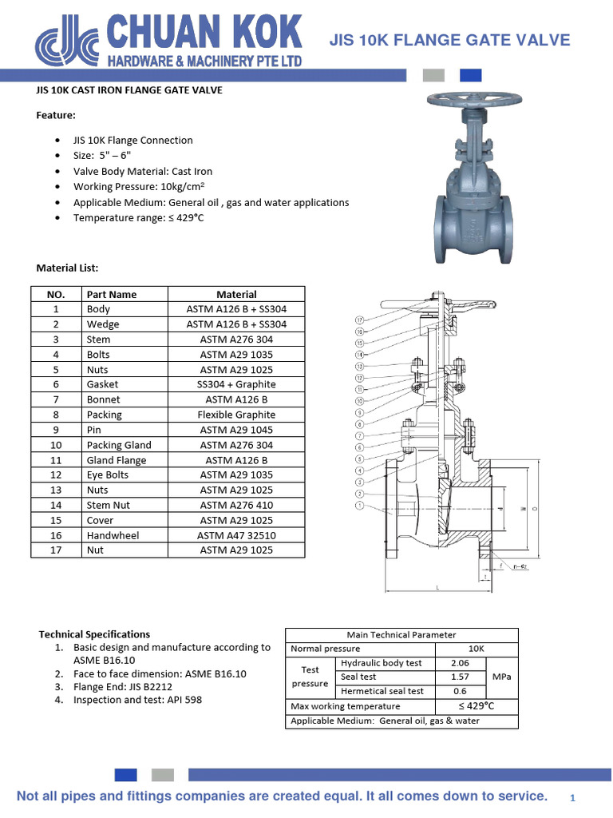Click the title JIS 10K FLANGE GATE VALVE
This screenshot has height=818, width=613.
(x=450, y=40)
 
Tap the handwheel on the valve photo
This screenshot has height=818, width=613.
(x=465, y=101)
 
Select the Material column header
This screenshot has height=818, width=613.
(x=236, y=294)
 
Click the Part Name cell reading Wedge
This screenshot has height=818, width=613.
(x=103, y=324)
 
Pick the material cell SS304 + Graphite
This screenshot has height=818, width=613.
(x=236, y=384)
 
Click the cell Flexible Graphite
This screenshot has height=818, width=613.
(x=236, y=415)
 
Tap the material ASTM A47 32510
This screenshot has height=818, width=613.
(x=236, y=535)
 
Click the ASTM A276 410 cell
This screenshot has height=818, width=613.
(x=236, y=505)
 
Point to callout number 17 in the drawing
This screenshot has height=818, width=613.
(x=360, y=320)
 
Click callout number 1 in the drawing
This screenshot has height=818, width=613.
(x=360, y=505)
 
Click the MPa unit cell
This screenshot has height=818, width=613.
(x=500, y=677)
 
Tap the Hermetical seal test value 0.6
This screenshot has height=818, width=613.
(x=459, y=691)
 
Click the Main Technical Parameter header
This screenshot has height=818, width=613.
(x=401, y=635)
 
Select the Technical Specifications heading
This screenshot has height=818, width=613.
(x=94, y=634)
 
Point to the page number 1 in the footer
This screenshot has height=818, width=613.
(x=572, y=798)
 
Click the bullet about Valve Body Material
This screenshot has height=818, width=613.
(x=143, y=171)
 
